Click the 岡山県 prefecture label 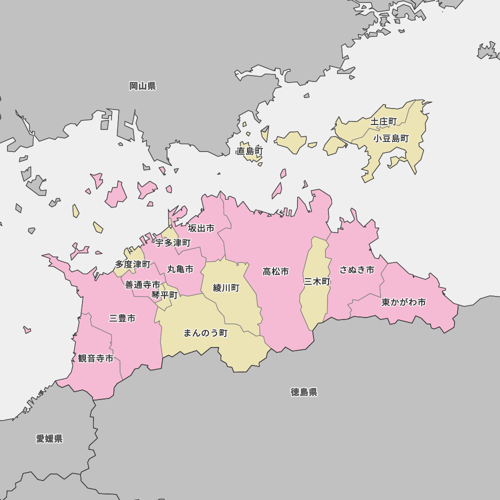pyautogui.click(x=142, y=86)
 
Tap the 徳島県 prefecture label pyautogui.click(x=304, y=392)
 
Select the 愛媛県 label pyautogui.click(x=49, y=438)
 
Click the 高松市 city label pyautogui.click(x=276, y=271)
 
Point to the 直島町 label pyautogui.click(x=250, y=151)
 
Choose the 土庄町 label pyautogui.click(x=383, y=121)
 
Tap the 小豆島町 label pyautogui.click(x=391, y=138)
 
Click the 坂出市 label pyautogui.click(x=201, y=228)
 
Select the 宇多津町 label pyautogui.click(x=173, y=243)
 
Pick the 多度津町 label pyautogui.click(x=132, y=264)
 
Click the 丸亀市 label pyautogui.click(x=180, y=269)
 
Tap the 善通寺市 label pyautogui.click(x=142, y=284)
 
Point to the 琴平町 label pyautogui.click(x=164, y=294)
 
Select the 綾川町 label pyautogui.click(x=226, y=288)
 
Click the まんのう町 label pyautogui.click(x=205, y=333)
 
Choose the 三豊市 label pyautogui.click(x=122, y=318)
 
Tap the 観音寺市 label pyautogui.click(x=95, y=358)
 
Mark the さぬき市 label pyautogui.click(x=357, y=270)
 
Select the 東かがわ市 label pyautogui.click(x=404, y=302)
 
